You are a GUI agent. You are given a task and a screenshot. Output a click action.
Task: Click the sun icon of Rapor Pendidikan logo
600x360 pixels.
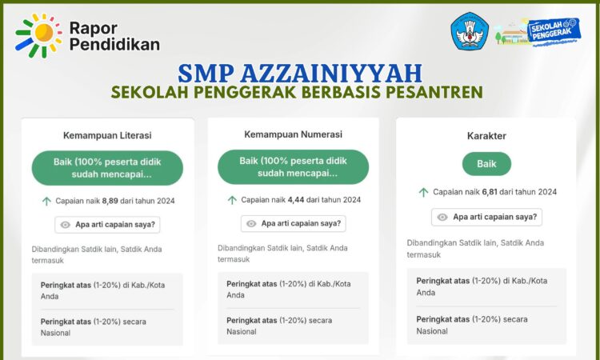38,35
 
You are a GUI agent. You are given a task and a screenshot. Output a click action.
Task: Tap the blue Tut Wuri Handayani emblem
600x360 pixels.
470,31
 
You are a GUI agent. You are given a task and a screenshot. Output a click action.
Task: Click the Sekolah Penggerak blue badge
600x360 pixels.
554,30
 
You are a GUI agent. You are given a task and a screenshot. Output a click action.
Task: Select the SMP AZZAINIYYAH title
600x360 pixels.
300,73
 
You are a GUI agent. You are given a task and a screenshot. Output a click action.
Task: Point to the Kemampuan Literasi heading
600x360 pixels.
107,135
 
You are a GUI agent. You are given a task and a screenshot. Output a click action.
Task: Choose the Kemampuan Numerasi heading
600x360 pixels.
293,134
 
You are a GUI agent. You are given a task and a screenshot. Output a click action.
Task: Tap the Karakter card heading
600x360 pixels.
486,136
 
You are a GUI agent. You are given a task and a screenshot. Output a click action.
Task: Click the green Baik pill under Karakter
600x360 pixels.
486,164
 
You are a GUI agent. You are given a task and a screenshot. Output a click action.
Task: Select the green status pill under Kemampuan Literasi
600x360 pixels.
107,168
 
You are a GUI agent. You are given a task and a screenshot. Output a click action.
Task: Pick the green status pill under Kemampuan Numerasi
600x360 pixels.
293,167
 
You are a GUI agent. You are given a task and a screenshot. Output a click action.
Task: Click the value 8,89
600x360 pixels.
110,201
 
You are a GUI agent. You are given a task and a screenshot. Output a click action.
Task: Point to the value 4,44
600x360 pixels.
296,200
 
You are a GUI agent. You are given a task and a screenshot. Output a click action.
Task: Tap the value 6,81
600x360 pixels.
490,192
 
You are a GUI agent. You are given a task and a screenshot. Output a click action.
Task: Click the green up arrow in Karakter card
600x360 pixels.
423,192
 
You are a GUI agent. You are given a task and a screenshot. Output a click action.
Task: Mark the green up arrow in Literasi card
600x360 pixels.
46,201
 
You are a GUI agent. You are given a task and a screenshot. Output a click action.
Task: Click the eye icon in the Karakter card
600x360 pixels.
442,217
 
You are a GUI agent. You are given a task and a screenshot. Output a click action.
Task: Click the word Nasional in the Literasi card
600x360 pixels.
55,333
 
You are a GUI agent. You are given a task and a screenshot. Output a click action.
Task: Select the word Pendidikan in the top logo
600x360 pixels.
114,44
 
